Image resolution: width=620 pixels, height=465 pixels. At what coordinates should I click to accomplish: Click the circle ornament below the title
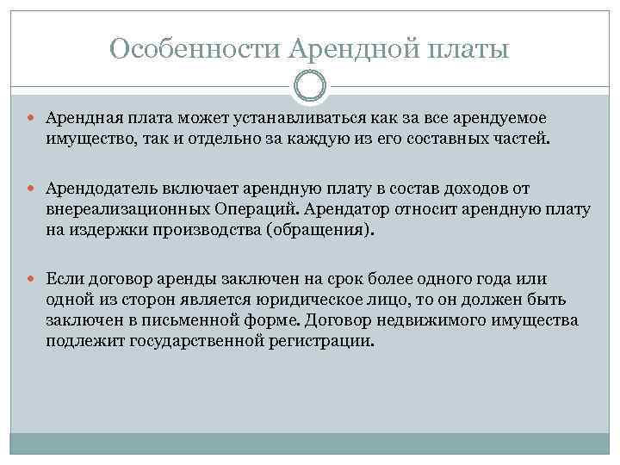310,86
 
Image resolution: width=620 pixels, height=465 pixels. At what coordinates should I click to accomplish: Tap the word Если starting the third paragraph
64,279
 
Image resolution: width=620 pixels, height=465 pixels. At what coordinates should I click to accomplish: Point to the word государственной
178,341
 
